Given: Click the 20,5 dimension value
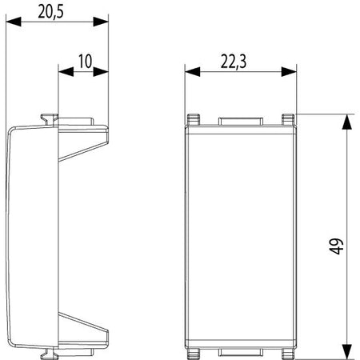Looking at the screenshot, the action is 50,12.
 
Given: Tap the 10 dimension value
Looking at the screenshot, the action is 85,62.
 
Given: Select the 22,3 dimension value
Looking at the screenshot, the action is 234,62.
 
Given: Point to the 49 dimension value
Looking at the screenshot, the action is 336,246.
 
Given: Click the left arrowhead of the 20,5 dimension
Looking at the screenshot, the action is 14,22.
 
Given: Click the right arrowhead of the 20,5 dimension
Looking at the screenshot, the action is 101,22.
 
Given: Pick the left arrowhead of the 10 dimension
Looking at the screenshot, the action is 66,71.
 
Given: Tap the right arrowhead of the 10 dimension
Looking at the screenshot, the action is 101,71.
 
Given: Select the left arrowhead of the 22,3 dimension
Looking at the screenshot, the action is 192,71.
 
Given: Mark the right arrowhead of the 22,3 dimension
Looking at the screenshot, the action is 289,71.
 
